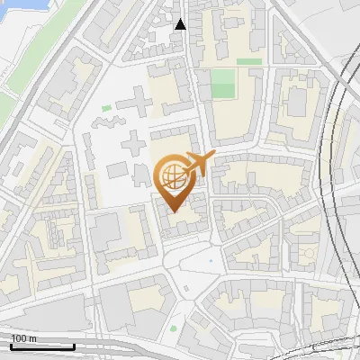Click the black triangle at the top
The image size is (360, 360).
coord(181,24)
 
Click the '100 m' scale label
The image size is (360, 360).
coord(22,338)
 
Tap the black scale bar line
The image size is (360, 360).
coord(41,346)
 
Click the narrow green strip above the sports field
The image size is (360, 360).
coord(249,62)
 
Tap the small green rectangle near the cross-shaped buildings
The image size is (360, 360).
coord(106,109)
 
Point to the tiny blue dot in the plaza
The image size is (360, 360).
coord(211,261)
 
